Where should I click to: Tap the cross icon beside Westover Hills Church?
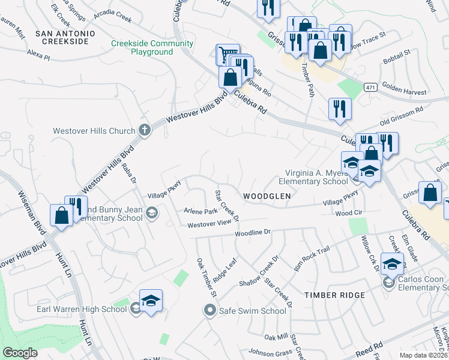[144, 130]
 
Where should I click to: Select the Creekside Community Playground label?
[152, 47]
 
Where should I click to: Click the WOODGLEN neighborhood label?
[267, 196]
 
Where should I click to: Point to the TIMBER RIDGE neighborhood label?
[334, 295]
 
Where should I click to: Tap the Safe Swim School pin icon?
[209, 311]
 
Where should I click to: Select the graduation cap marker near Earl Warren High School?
[151, 301]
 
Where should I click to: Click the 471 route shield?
[370, 88]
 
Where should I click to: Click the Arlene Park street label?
[201, 211]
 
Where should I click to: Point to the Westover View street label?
[209, 224]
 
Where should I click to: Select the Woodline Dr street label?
[253, 232]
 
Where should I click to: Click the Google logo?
[20, 353]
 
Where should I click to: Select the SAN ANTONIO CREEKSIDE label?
[62, 37]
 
